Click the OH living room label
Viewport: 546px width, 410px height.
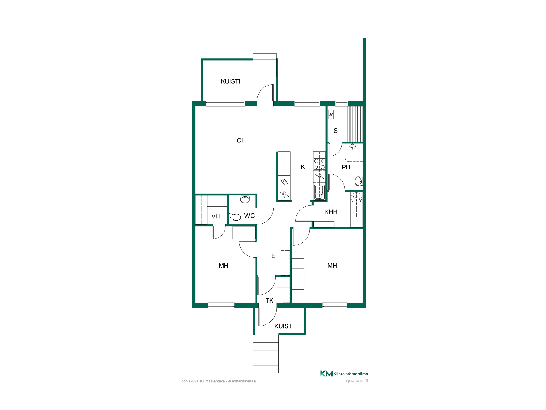[x=241, y=140]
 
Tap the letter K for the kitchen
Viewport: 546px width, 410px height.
[x=303, y=167]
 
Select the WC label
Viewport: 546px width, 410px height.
[x=250, y=216]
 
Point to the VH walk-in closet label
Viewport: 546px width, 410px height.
[x=216, y=216]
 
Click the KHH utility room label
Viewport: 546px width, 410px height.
[x=331, y=212]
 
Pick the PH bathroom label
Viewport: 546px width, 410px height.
[x=346, y=167]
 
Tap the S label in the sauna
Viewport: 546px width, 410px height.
[x=336, y=131]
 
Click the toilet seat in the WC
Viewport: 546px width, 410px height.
[x=235, y=217]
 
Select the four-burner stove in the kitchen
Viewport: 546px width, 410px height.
[x=319, y=164]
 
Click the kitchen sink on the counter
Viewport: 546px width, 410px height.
[x=319, y=192]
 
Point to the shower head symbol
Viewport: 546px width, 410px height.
[x=353, y=147]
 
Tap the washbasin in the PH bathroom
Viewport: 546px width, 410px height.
[x=358, y=181]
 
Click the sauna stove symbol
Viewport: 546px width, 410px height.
[x=331, y=115]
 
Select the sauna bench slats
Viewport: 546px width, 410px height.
[x=354, y=124]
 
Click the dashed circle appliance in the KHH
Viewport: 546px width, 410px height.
[x=356, y=198]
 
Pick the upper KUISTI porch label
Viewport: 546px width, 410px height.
[x=230, y=81]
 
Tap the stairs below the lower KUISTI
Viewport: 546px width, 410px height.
[x=266, y=354]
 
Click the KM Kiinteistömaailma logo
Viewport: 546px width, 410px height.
[x=344, y=374]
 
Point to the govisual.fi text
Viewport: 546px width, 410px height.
[x=357, y=381]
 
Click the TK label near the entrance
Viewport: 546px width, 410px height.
[x=269, y=301]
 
